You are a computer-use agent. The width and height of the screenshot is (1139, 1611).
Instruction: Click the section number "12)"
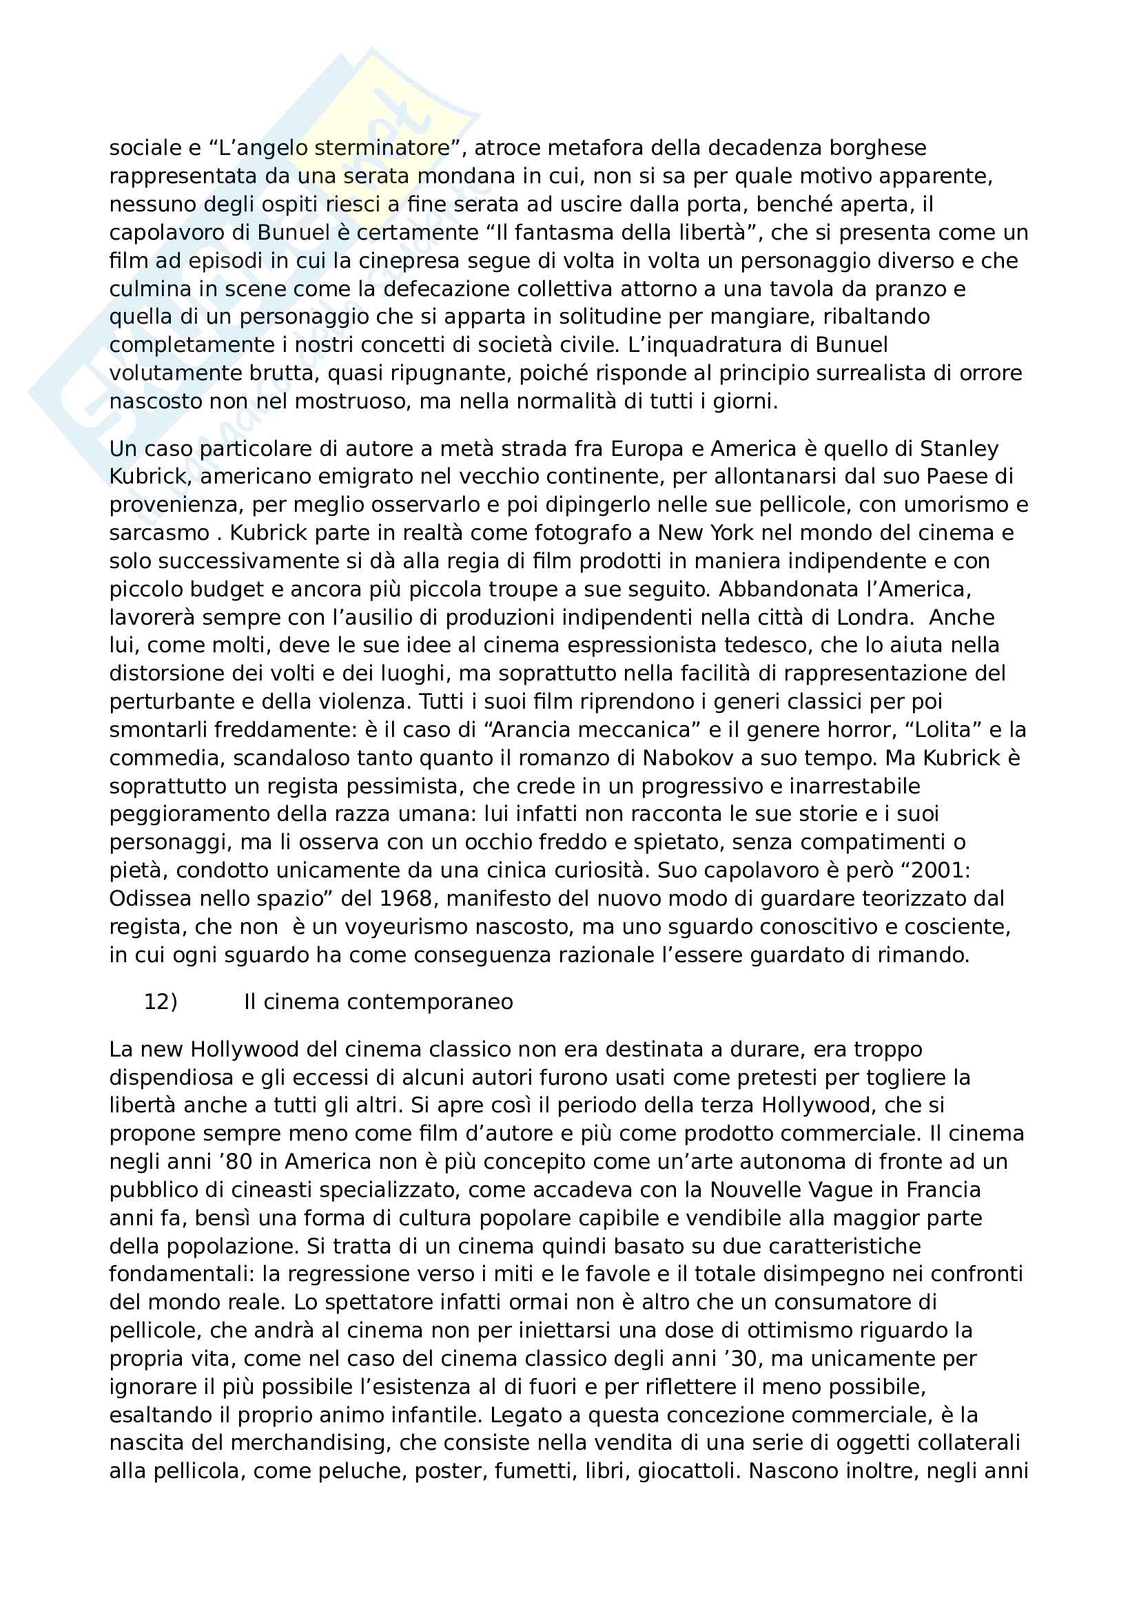tap(161, 1001)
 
